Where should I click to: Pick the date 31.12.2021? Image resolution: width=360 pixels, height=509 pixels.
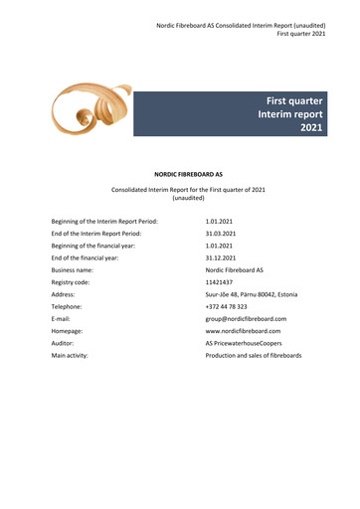coord(220,257)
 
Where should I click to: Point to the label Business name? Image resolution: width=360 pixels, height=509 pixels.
coord(73,270)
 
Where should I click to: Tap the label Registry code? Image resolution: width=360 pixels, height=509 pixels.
coord(73,282)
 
